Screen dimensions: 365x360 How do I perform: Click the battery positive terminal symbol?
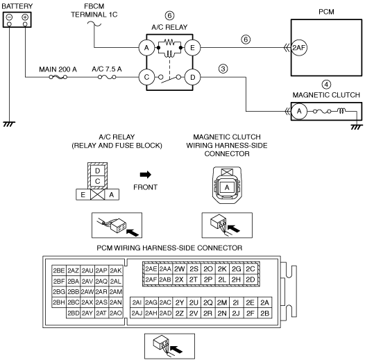pyautogui.click(x=25, y=17)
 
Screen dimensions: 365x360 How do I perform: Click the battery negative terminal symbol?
pyautogui.click(x=9, y=17)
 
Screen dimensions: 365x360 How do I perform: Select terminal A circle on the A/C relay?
pyautogui.click(x=146, y=48)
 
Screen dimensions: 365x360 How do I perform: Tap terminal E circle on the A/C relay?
pyautogui.click(x=192, y=48)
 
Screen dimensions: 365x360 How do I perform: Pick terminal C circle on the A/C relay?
pyautogui.click(x=146, y=77)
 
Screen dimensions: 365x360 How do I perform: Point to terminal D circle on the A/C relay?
pyautogui.click(x=192, y=77)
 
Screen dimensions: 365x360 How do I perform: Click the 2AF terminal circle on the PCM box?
pyautogui.click(x=299, y=48)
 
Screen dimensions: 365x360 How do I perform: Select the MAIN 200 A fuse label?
pyautogui.click(x=58, y=69)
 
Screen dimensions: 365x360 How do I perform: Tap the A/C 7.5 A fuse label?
pyautogui.click(x=107, y=69)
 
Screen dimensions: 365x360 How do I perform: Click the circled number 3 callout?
pyautogui.click(x=223, y=69)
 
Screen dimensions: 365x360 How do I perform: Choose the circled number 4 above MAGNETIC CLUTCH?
pyautogui.click(x=326, y=85)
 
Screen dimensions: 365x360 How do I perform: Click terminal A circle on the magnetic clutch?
pyautogui.click(x=299, y=111)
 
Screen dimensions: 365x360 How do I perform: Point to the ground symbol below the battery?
pyautogui.click(x=9, y=124)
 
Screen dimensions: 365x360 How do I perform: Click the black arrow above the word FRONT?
pyautogui.click(x=146, y=175)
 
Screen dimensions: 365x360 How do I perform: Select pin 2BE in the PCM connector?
pyautogui.click(x=59, y=271)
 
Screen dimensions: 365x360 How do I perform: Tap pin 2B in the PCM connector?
pyautogui.click(x=264, y=314)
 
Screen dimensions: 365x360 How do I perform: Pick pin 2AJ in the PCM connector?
pyautogui.click(x=137, y=314)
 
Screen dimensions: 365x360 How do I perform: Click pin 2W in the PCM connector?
pyautogui.click(x=179, y=268)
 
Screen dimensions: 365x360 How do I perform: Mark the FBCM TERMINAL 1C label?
pyautogui.click(x=94, y=10)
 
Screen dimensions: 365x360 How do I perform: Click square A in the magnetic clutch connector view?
pyautogui.click(x=227, y=187)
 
